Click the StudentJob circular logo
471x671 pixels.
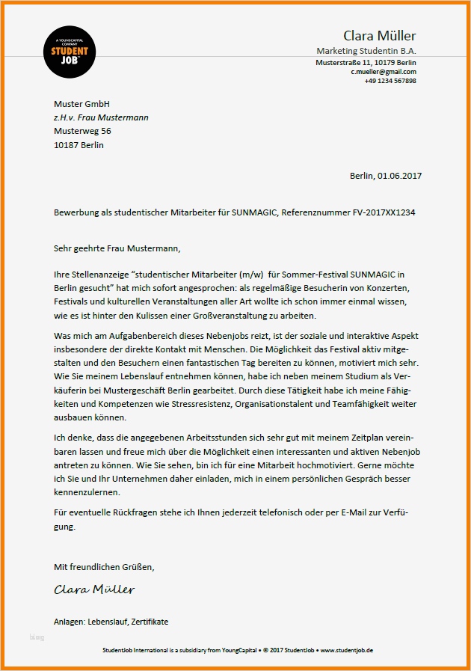(70, 52)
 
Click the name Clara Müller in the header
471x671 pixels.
(379, 36)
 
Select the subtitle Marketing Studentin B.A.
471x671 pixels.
(366, 51)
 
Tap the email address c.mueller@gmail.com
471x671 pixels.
(384, 72)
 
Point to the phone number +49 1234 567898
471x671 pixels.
(390, 81)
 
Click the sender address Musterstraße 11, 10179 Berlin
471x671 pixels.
(366, 63)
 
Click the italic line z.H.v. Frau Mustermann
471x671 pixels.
(101, 117)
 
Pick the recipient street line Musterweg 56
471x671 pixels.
(82, 131)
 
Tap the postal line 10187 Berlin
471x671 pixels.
(78, 145)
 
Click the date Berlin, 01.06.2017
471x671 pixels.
(386, 176)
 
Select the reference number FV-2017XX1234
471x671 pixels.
(384, 212)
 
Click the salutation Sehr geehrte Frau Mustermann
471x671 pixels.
(117, 248)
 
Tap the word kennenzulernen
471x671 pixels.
(87, 493)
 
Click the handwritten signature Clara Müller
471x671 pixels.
(94, 589)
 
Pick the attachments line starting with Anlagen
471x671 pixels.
(111, 622)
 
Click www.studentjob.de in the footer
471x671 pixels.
(347, 650)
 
